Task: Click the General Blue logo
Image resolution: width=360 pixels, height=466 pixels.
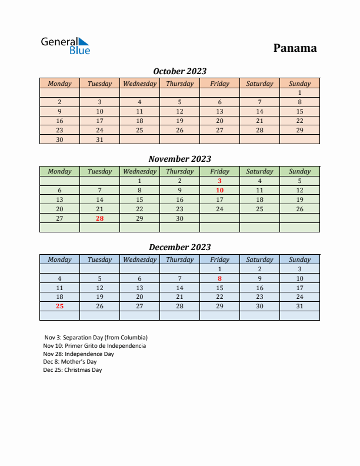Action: tap(65, 46)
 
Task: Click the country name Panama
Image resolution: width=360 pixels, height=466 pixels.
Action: tap(295, 48)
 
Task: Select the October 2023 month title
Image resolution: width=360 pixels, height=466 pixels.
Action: tap(179, 71)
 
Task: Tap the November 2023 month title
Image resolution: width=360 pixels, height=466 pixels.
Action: tap(179, 159)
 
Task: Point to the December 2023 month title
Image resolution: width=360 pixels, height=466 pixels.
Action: tap(179, 247)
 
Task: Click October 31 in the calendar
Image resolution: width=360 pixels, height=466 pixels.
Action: tap(99, 139)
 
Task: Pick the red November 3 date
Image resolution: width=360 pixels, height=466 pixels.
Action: tap(219, 181)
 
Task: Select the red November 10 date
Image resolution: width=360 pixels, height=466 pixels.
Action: tap(219, 190)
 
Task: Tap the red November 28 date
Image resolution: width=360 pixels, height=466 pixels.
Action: tap(99, 218)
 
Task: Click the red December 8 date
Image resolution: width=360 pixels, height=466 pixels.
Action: tap(219, 278)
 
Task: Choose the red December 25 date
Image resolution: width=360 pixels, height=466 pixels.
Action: tap(59, 306)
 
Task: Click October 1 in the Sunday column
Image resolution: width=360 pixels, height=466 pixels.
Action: tap(299, 92)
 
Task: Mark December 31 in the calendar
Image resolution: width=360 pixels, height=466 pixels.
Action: tap(299, 306)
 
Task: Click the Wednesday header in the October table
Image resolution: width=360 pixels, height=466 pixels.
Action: tap(139, 84)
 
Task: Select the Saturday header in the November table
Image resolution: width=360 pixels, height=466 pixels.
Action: tap(259, 171)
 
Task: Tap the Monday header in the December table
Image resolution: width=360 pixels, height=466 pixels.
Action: tap(59, 259)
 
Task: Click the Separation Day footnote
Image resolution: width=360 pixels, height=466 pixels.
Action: tap(96, 338)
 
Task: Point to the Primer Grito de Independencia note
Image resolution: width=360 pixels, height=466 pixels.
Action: tap(95, 346)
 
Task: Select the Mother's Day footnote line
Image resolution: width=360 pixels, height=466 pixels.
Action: tap(70, 362)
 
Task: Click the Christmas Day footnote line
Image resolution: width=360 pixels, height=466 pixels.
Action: tap(72, 370)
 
